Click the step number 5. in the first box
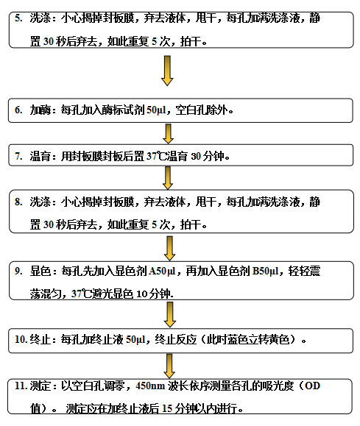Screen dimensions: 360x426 (18, 18)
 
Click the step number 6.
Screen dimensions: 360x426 (18, 110)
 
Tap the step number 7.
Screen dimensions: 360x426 (18, 156)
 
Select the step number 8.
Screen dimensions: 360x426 (18, 202)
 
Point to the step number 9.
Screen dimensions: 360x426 (18, 271)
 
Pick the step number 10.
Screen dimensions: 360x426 (21, 339)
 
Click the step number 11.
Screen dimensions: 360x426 (21, 386)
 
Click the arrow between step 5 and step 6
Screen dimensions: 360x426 (167, 71)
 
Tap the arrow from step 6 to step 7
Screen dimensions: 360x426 (169, 134)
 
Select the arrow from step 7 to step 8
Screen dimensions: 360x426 (168, 178)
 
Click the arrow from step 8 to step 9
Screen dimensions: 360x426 (169, 249)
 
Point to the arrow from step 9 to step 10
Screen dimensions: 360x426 (169, 315)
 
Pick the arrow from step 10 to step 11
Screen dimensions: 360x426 (169, 366)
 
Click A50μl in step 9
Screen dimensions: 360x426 (162, 271)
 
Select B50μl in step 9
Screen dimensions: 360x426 (265, 271)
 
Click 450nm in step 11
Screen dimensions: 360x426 (150, 386)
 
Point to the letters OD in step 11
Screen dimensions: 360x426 (312, 386)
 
